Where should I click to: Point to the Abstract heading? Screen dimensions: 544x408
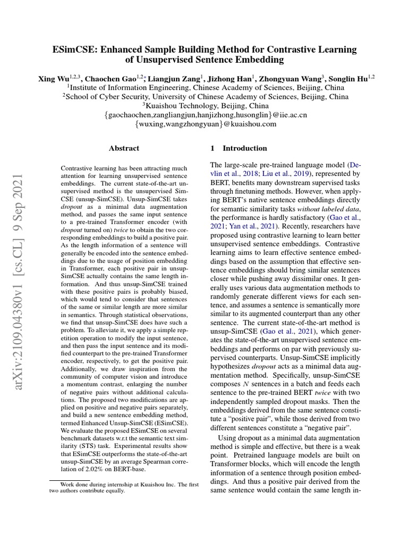coord(124,148)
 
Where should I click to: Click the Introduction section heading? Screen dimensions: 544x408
coord(245,148)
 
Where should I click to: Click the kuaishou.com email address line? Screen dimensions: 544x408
coord(206,124)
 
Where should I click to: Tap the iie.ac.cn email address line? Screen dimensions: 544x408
coord(206,115)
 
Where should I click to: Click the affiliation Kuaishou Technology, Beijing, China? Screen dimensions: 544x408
coord(206,106)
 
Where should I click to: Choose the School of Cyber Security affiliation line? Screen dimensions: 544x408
coord(206,97)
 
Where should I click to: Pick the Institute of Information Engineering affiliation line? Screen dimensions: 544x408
coord(206,88)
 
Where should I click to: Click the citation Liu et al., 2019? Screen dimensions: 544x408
coord(286,173)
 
